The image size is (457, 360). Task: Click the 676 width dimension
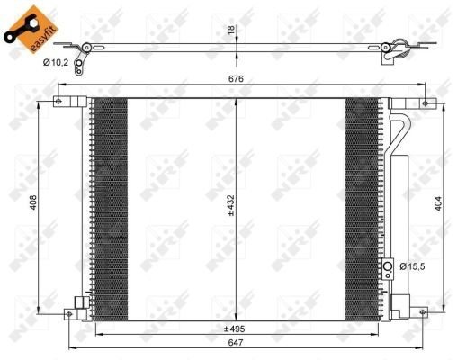(x=237, y=79)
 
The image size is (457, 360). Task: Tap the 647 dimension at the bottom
(x=236, y=343)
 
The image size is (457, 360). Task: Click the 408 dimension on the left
(x=31, y=202)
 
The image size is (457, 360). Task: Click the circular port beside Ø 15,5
(x=389, y=267)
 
